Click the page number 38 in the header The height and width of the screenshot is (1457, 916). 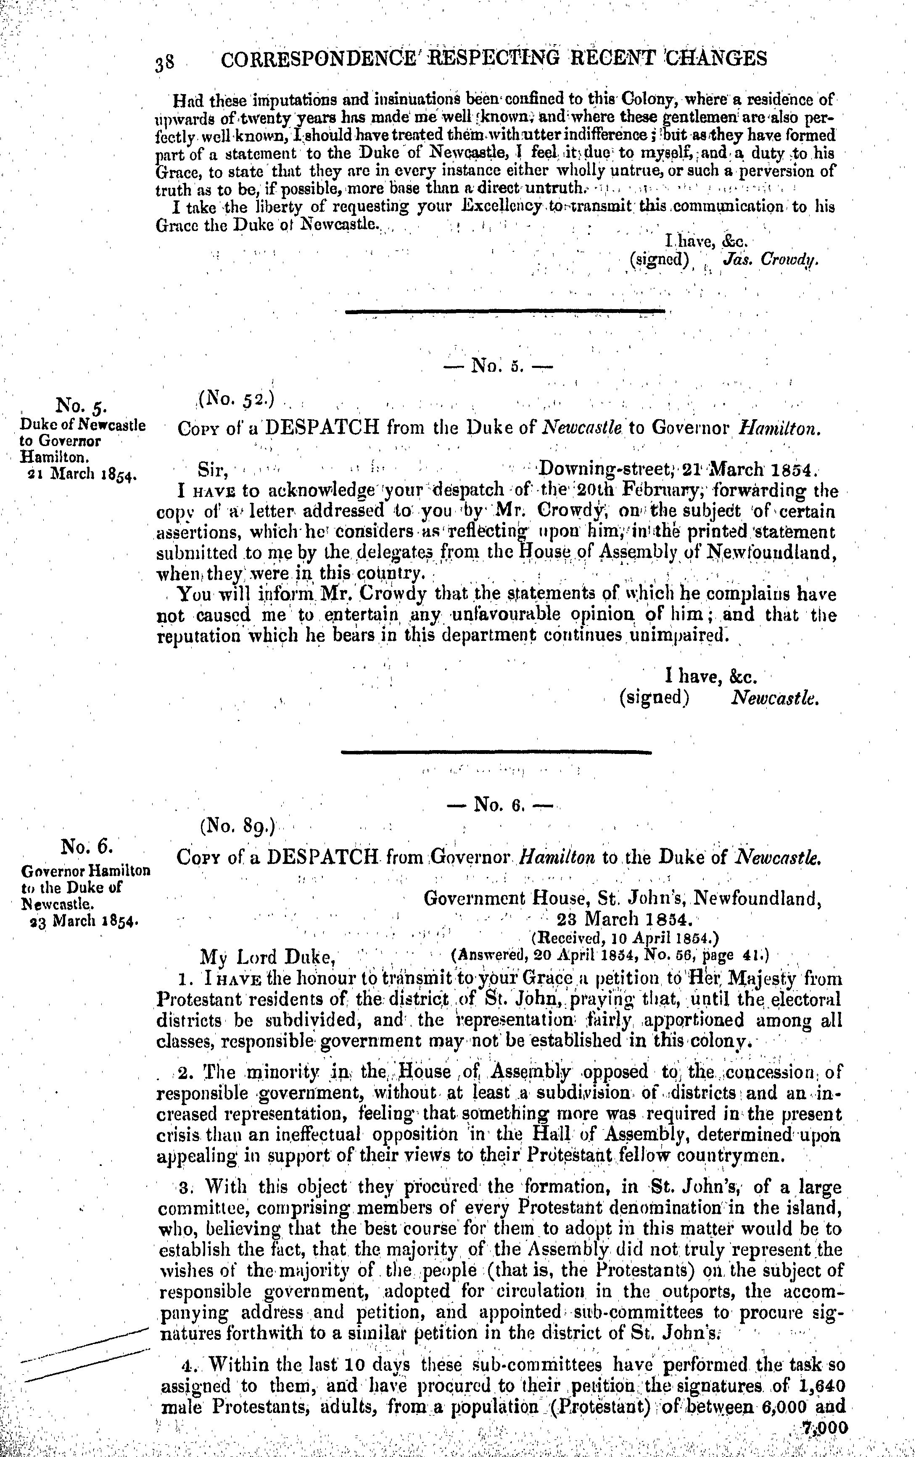click(165, 62)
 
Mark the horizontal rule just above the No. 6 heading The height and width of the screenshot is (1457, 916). click(496, 752)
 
